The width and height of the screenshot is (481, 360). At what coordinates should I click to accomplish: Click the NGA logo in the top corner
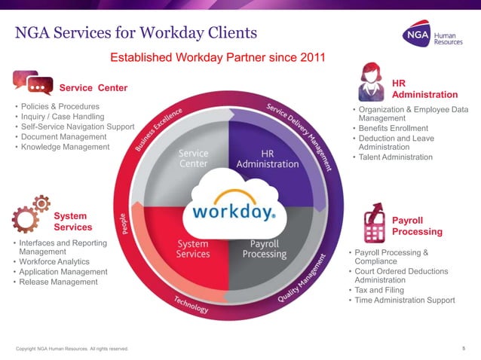pos(436,36)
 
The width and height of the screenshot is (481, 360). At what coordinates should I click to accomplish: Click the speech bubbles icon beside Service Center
pos(32,82)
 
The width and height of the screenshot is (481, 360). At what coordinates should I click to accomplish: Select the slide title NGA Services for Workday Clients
pos(136,32)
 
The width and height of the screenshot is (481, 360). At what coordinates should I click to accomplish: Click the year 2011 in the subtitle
pos(310,57)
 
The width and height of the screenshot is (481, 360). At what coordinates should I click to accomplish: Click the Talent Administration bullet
pos(395,157)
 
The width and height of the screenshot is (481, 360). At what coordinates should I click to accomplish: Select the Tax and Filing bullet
pos(384,290)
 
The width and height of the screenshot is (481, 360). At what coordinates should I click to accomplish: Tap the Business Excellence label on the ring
pos(159,130)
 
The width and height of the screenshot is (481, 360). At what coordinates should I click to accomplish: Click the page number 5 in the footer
pos(462,348)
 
